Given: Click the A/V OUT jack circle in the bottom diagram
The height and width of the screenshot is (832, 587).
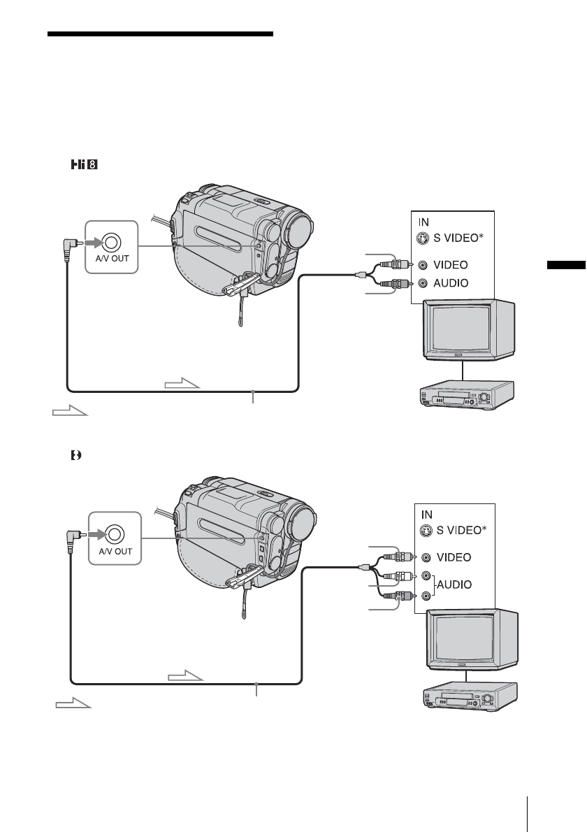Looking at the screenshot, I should tap(115, 536).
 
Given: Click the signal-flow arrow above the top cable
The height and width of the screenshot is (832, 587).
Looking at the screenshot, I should tap(182, 384).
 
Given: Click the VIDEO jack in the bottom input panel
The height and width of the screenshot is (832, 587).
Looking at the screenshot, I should tap(426, 557).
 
